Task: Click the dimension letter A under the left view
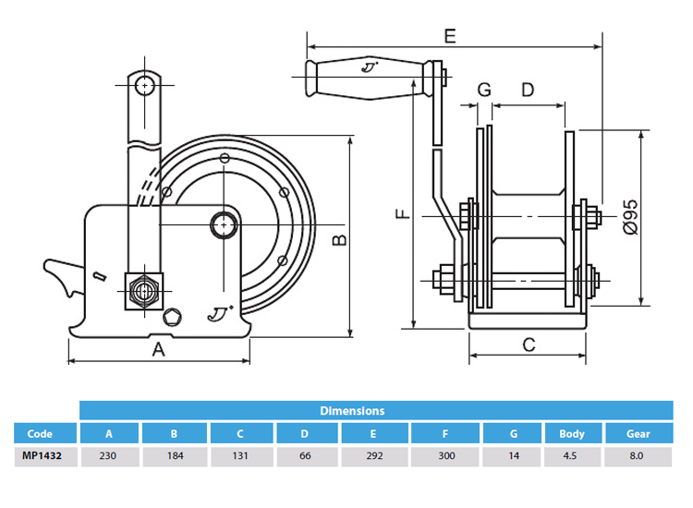pyautogui.click(x=158, y=349)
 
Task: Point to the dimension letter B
pyautogui.click(x=339, y=241)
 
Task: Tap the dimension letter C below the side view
pyautogui.click(x=529, y=345)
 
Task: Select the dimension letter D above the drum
pyautogui.click(x=528, y=90)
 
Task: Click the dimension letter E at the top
pyautogui.click(x=450, y=36)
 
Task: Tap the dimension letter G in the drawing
pyautogui.click(x=483, y=90)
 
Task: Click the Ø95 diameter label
pyautogui.click(x=630, y=213)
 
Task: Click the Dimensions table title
pyautogui.click(x=352, y=410)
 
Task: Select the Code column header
pyautogui.click(x=40, y=433)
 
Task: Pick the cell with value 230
pyautogui.click(x=109, y=456)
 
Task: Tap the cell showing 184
pyautogui.click(x=175, y=456)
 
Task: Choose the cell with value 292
pyautogui.click(x=373, y=456)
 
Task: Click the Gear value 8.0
pyautogui.click(x=638, y=456)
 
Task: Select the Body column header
pyautogui.click(x=572, y=433)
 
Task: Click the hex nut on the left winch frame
pyautogui.click(x=143, y=289)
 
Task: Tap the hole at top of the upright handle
pyautogui.click(x=143, y=86)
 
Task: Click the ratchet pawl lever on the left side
pyautogui.click(x=63, y=276)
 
